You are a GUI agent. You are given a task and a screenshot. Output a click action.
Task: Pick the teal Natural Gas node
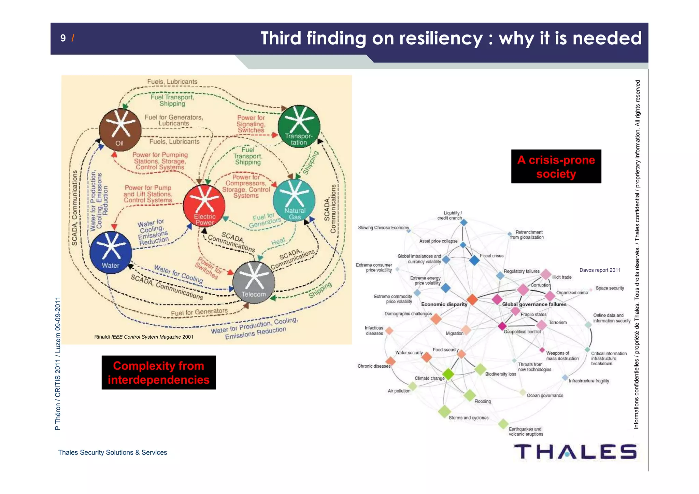tap(294, 200)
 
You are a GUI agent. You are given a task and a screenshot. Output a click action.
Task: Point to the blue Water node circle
tap(111, 253)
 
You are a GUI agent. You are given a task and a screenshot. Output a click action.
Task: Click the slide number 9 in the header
tap(63, 38)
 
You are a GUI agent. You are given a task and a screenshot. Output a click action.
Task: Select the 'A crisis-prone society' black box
tap(556, 167)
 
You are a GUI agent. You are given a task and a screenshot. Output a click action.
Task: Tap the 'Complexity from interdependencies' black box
tap(159, 372)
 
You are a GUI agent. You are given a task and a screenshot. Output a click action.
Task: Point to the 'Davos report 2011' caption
tap(600, 270)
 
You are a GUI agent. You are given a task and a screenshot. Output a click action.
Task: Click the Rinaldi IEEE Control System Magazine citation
tap(144, 337)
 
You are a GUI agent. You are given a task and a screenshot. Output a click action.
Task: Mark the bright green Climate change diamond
tap(448, 374)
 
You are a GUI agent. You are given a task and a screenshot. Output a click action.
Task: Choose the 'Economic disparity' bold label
tap(444, 304)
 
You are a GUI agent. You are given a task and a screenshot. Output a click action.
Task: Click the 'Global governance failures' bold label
tap(534, 304)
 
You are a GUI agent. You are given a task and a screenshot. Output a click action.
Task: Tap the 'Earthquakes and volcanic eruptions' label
tap(526, 432)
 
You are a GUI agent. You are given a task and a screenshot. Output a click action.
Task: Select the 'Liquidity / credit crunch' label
tap(450, 215)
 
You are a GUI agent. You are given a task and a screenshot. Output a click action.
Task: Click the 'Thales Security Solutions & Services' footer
tap(112, 452)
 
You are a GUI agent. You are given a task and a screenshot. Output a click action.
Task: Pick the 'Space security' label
tap(610, 288)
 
